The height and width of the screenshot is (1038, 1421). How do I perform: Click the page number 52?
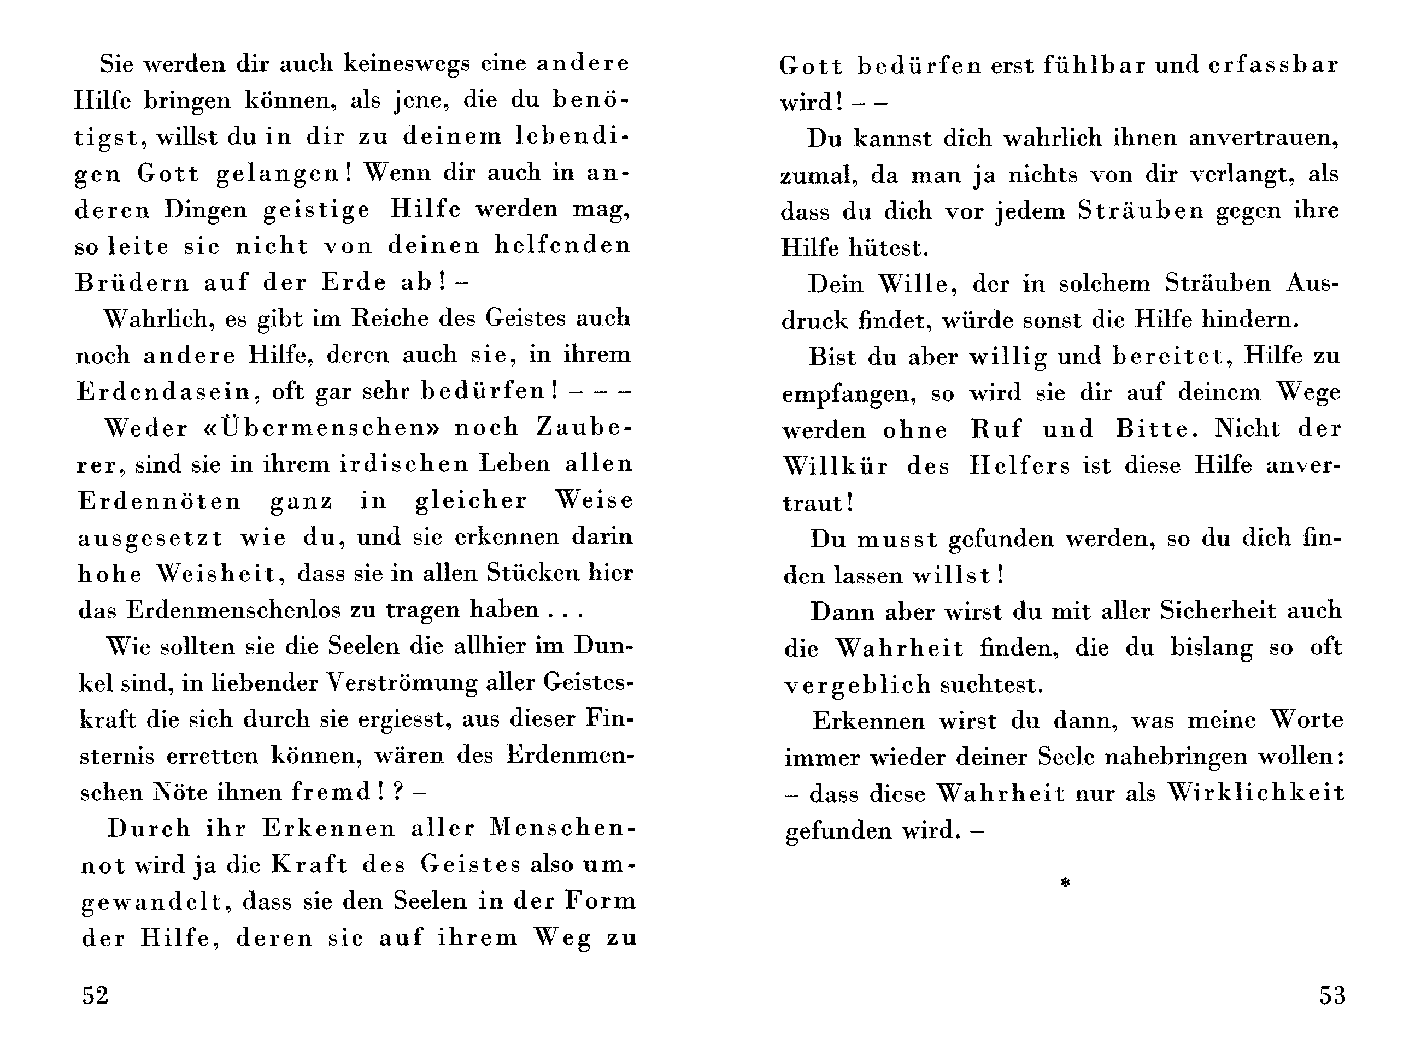[x=96, y=996]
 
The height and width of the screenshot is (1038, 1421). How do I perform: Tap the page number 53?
[x=1332, y=996]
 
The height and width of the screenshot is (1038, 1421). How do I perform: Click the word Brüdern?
[x=132, y=283]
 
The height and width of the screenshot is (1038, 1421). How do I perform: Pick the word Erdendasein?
[x=164, y=392]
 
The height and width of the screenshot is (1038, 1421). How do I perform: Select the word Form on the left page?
[x=600, y=901]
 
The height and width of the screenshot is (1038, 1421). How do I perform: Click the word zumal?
[x=818, y=175]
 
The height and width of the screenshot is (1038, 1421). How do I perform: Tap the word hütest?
[x=889, y=248]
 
